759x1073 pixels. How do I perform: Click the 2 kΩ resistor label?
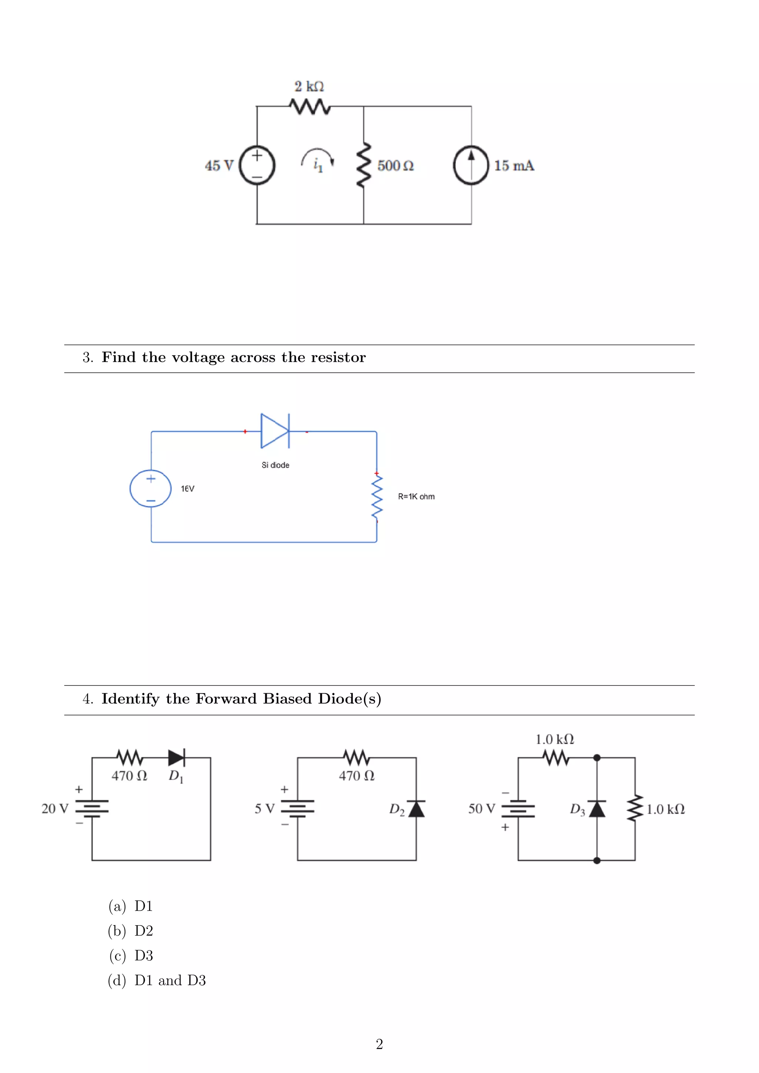tap(309, 86)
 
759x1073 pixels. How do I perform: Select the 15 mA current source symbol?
tap(471, 166)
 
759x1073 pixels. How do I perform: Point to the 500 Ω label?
tap(395, 166)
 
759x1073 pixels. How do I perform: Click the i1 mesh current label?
tap(318, 165)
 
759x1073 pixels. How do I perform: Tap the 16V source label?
tap(188, 488)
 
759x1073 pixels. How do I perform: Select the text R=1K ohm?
tap(416, 496)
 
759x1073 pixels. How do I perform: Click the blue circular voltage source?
tap(150, 488)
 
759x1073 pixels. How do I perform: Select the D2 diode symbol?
tap(416, 809)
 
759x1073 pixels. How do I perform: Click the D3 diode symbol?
tap(597, 809)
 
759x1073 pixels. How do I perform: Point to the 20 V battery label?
tap(55, 808)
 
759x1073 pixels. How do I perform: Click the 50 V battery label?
tap(481, 808)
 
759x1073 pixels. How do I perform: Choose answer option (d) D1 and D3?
tap(170, 980)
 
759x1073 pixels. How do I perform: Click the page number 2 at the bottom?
tap(379, 1044)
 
